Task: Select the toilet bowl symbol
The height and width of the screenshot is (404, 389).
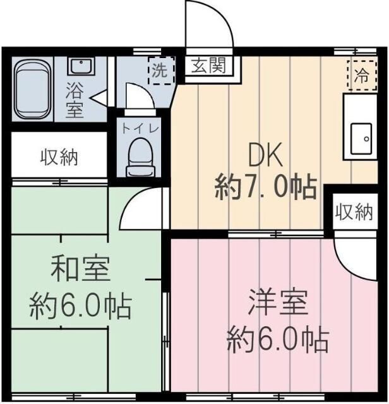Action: (x=140, y=157)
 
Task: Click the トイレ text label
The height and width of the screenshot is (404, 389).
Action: (x=140, y=127)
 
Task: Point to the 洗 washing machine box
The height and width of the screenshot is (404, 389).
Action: (x=159, y=70)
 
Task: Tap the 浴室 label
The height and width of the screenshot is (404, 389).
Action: (x=75, y=99)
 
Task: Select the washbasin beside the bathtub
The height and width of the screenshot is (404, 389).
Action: (x=81, y=66)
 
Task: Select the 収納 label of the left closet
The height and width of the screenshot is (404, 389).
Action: (x=60, y=157)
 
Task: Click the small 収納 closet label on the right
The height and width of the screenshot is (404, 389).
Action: (x=354, y=213)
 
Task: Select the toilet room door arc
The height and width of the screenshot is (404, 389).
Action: (x=138, y=98)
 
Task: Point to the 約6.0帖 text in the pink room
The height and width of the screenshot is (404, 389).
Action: (x=278, y=340)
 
